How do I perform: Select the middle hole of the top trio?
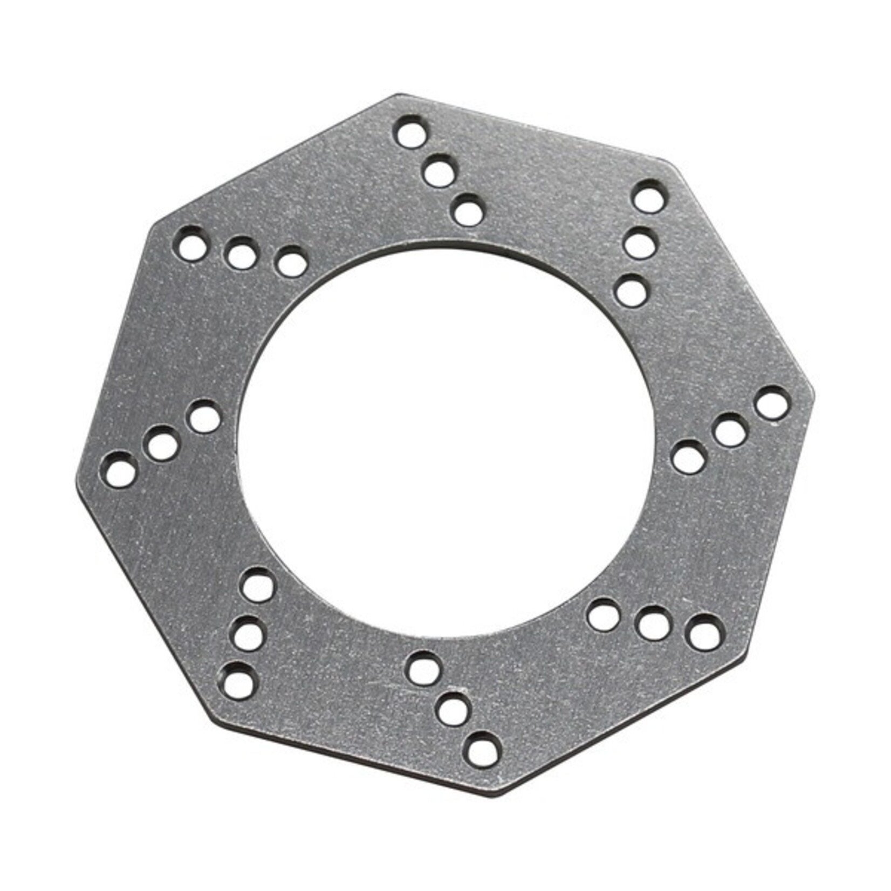440,172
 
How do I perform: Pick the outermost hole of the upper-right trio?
648,196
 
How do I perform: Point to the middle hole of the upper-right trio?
640,243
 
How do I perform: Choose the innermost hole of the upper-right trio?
632,291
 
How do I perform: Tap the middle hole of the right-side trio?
730,430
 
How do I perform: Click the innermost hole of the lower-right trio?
604,615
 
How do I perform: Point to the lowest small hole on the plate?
482,749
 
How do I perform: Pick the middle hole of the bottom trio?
453,709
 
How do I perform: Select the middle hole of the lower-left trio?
249,633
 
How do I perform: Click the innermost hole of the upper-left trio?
291,263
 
